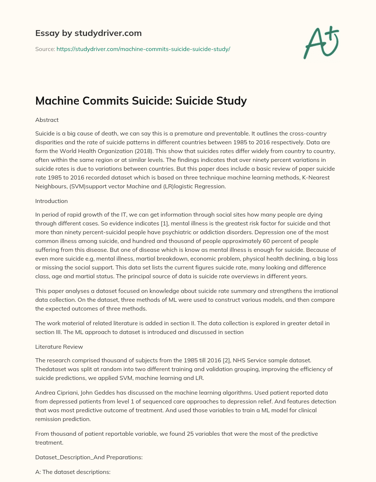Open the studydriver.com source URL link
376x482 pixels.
[x=143, y=49]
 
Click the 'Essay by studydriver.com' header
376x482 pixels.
[x=88, y=33]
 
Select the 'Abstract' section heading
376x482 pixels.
[x=47, y=120]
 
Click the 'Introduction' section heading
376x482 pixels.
[x=51, y=201]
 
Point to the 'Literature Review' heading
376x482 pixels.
[x=59, y=347]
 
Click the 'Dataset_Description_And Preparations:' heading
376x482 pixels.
[x=89, y=457]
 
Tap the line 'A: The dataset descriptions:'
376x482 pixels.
[x=73, y=472]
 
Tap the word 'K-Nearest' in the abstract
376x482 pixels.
[x=315, y=177]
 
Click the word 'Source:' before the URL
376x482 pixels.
[x=45, y=49]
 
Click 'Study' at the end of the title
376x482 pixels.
[x=231, y=101]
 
